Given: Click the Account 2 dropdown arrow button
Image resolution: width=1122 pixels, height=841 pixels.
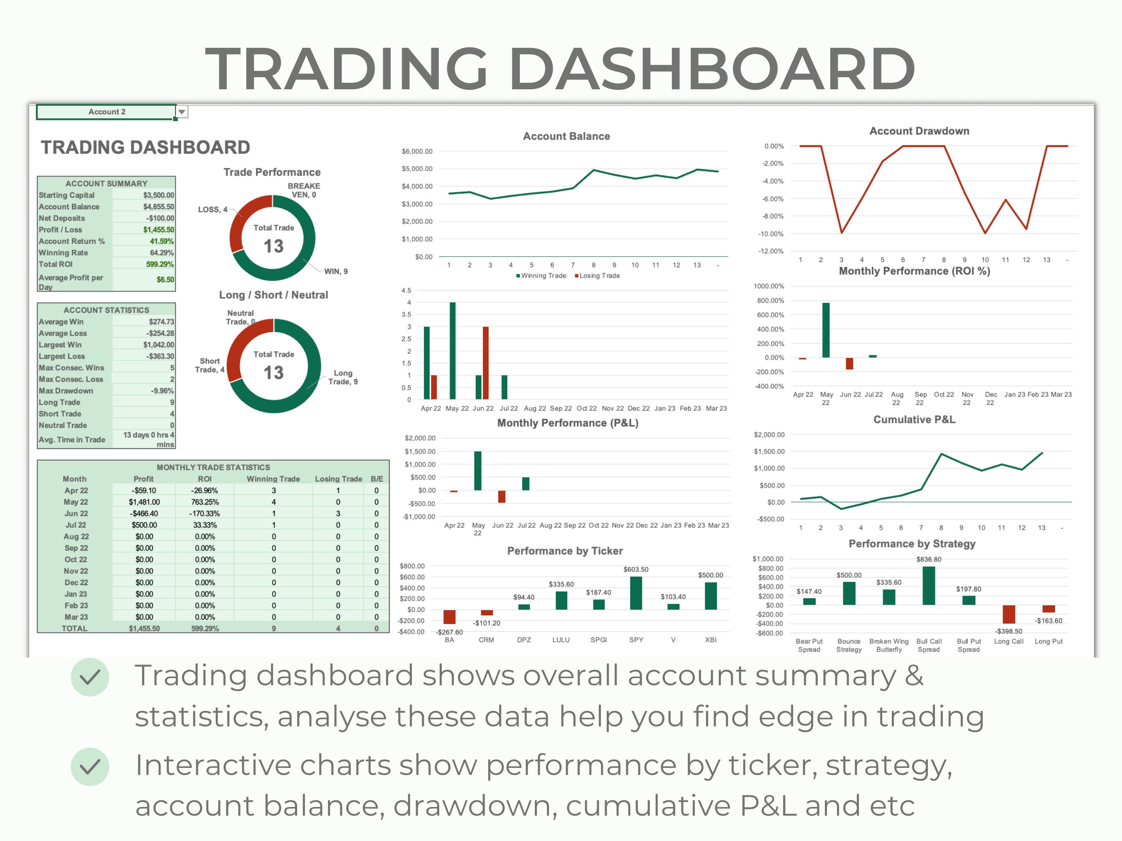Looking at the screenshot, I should pyautogui.click(x=182, y=112).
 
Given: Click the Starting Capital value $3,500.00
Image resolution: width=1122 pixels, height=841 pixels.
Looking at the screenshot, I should pyautogui.click(x=158, y=195).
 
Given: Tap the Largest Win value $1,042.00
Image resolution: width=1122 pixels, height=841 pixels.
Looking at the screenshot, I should pyautogui.click(x=158, y=345).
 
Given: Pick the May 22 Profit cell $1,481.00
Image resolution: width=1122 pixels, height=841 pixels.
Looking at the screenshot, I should pyautogui.click(x=144, y=502).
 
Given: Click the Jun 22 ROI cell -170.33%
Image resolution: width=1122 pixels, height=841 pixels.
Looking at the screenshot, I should pyautogui.click(x=204, y=513).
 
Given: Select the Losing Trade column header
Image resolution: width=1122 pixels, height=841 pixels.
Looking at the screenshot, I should pyautogui.click(x=338, y=478).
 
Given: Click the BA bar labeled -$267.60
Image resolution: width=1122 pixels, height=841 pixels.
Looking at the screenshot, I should pyautogui.click(x=449, y=616).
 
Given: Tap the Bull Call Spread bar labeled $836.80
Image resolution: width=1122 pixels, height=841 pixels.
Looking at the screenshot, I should pyautogui.click(x=928, y=586).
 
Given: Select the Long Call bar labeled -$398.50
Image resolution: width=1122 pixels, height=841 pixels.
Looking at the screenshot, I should pyautogui.click(x=1009, y=614).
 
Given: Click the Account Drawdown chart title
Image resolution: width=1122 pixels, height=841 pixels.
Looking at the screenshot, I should pyautogui.click(x=919, y=131).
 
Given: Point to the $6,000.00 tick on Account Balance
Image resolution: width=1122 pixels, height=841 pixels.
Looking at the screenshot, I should pyautogui.click(x=417, y=151).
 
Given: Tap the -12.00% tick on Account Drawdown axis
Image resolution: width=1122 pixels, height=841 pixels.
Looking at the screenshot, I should pyautogui.click(x=770, y=251).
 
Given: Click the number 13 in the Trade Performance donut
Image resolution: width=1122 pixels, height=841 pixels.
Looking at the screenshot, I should pyautogui.click(x=273, y=246).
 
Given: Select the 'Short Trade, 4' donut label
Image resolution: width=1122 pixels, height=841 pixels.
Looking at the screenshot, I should pyautogui.click(x=209, y=365).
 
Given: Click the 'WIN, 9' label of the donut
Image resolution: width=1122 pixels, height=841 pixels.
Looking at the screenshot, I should pyautogui.click(x=336, y=271).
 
